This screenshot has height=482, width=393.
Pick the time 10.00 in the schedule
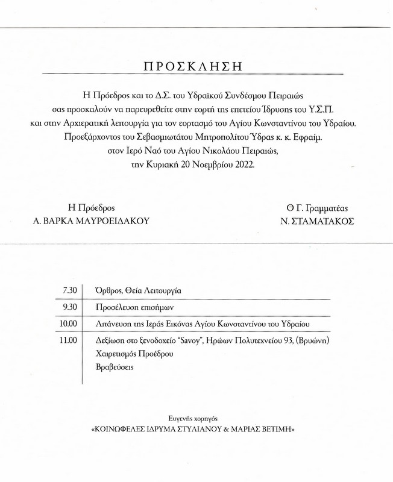(x=68, y=324)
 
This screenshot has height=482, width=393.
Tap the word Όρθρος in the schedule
(x=100, y=290)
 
